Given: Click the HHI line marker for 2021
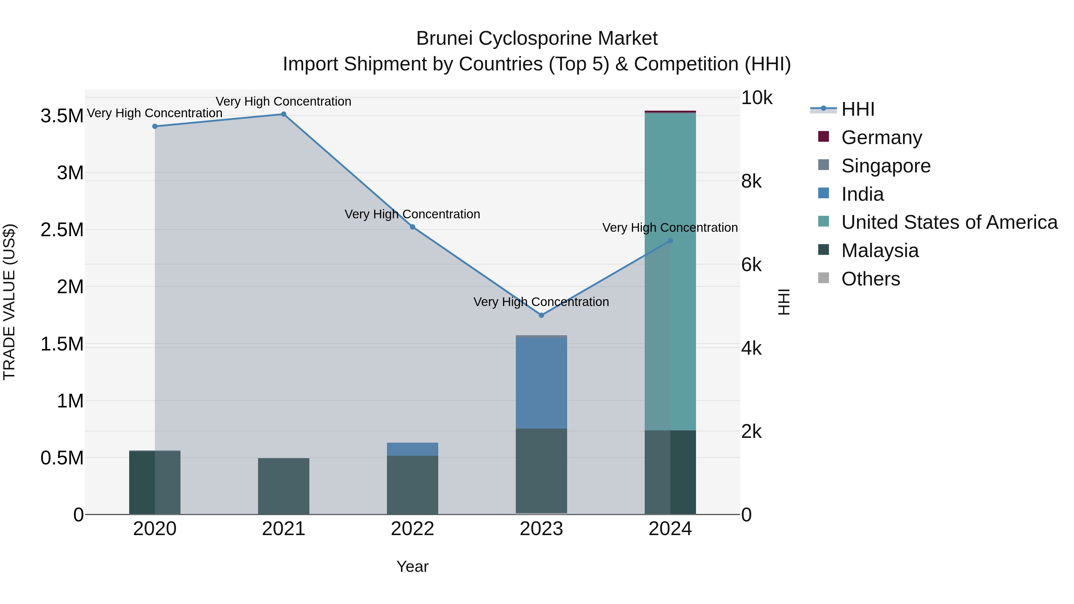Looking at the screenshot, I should (x=283, y=114).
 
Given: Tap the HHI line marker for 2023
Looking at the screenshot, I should (x=541, y=315).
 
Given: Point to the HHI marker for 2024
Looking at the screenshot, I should (x=670, y=240).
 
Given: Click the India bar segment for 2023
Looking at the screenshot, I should (x=541, y=382).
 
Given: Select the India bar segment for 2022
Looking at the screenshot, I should (x=412, y=449).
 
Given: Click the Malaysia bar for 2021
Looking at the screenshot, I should (x=283, y=486).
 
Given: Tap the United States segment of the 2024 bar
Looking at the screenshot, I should (x=670, y=271).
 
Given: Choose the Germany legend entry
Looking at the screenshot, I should (x=881, y=138).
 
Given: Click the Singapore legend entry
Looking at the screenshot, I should (x=885, y=166).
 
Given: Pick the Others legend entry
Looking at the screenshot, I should (x=870, y=279).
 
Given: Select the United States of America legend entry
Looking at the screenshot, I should (x=949, y=222).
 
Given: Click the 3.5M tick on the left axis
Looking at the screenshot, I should (x=62, y=116).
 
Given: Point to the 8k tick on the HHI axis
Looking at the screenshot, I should (x=751, y=181).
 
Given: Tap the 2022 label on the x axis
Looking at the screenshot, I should (x=412, y=529).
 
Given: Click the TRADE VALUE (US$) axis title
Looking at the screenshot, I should (x=9, y=302).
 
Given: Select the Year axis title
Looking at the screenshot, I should (x=412, y=566).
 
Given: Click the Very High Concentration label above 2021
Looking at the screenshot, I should (x=283, y=101).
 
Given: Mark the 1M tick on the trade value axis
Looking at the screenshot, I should (x=70, y=401).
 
